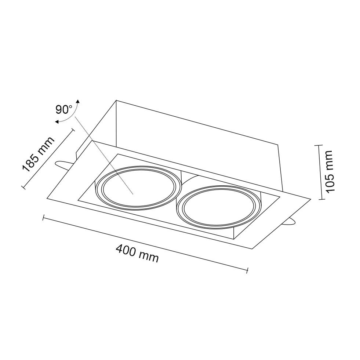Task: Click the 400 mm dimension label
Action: pos(137,254)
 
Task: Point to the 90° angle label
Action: pos(64,110)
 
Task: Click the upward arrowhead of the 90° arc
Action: pos(78,102)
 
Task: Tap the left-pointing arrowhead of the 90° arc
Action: pos(57,122)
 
